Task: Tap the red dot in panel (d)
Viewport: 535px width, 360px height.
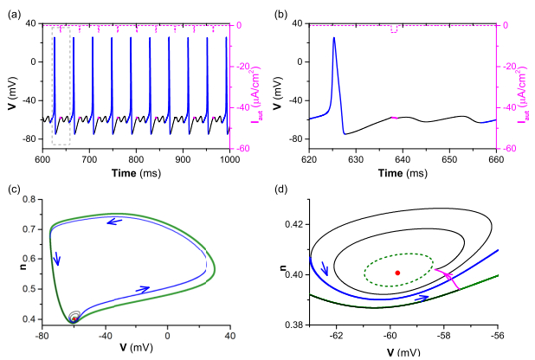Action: [397, 273]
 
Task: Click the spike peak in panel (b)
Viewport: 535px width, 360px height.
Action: [334, 38]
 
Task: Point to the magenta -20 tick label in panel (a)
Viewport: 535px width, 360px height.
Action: [245, 66]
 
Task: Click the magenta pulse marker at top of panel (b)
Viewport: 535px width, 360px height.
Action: [395, 29]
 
